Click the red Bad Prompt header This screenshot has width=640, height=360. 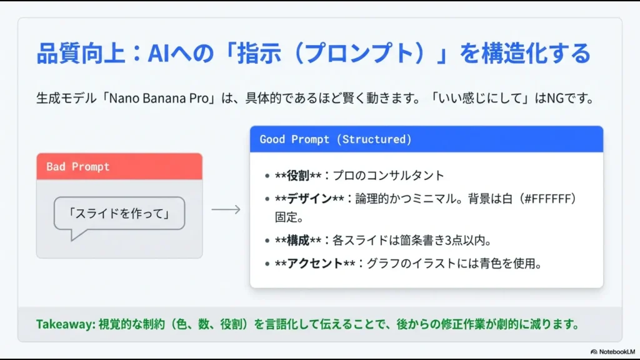tap(119, 167)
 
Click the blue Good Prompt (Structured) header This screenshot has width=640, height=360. tap(426, 139)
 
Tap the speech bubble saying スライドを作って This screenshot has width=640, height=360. tap(119, 214)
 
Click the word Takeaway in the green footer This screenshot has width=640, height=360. tap(64, 324)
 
